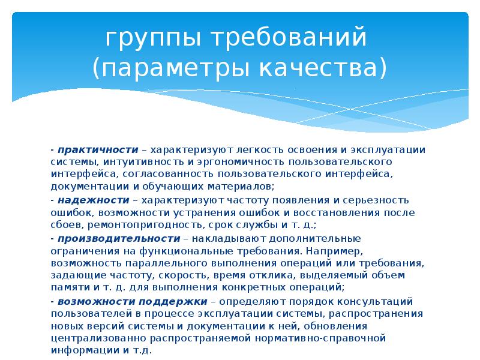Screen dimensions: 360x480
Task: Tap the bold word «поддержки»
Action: pyautogui.click(x=178, y=301)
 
